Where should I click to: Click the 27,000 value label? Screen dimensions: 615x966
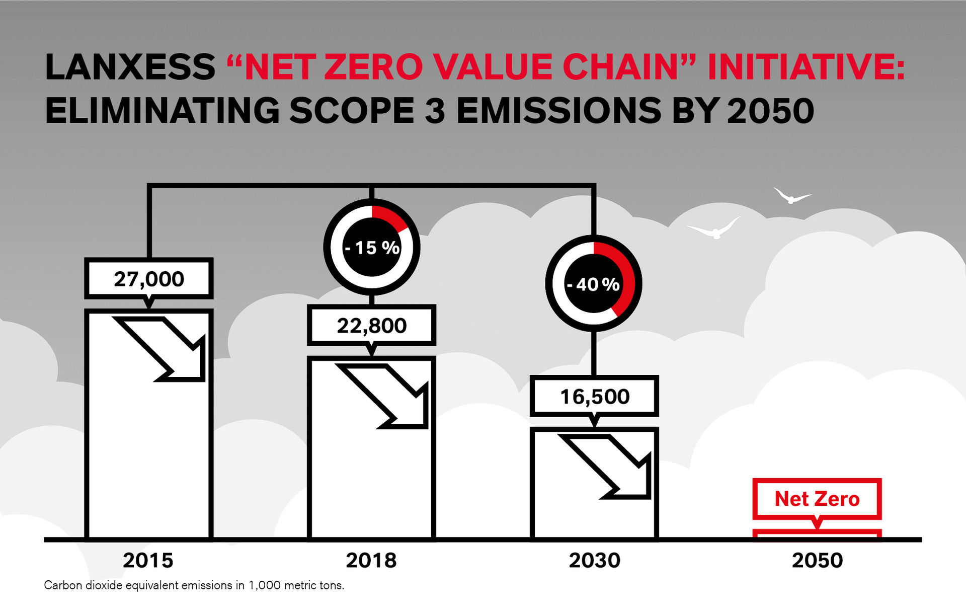(149, 279)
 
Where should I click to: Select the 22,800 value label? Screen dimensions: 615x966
(371, 326)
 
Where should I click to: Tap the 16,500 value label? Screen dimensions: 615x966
(594, 397)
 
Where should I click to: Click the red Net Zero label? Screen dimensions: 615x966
(817, 499)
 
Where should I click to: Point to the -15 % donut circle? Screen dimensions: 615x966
(372, 247)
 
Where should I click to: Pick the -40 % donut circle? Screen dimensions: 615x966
(594, 284)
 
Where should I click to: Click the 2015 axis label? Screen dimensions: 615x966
(148, 560)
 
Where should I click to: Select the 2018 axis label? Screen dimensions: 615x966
(371, 560)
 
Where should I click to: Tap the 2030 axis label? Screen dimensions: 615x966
(595, 560)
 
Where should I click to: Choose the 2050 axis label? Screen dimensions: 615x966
(818, 560)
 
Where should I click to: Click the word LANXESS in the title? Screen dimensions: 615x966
(130, 67)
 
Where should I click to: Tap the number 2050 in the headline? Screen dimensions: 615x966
(770, 111)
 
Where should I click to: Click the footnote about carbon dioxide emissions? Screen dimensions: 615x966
(194, 585)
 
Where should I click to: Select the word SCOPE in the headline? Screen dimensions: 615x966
(352, 111)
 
